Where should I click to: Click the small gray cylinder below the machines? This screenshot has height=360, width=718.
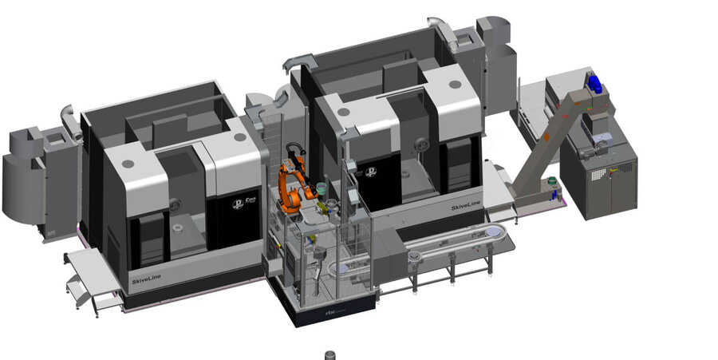click(x=331, y=354)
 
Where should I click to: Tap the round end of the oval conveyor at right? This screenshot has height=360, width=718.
click(x=499, y=232)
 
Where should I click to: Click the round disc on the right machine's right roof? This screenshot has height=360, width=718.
click(x=454, y=82)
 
